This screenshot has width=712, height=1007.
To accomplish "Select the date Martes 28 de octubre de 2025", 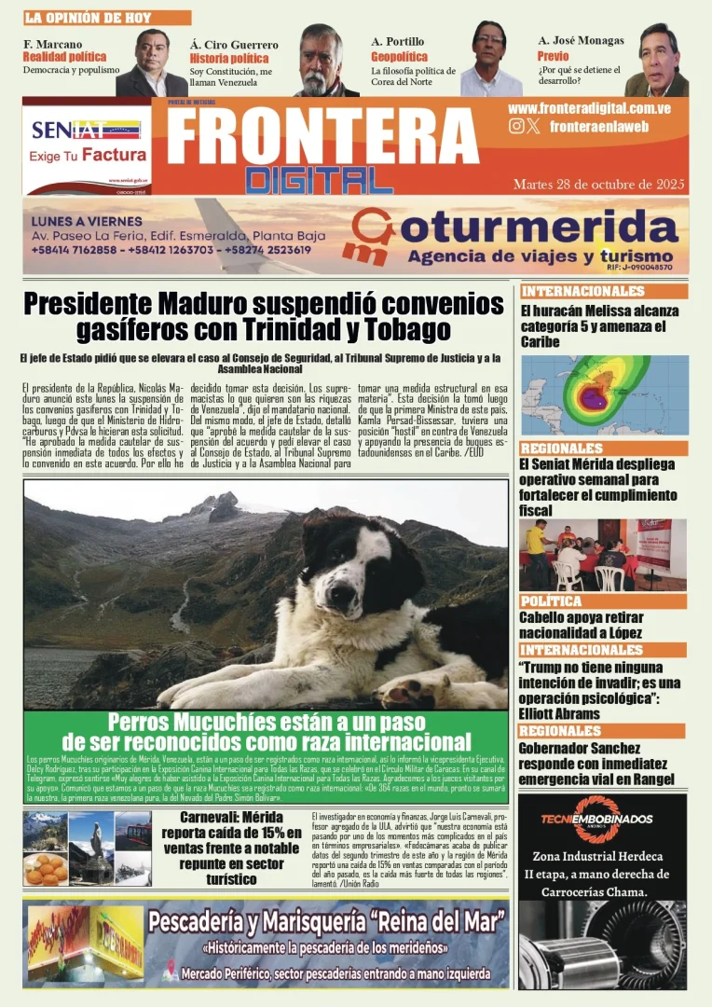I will coord(596,184).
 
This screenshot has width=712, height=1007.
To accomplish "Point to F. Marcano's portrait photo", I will coord(151,62).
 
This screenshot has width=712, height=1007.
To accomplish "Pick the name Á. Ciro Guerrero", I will coord(233,45).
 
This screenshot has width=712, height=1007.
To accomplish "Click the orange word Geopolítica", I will coord(399,57).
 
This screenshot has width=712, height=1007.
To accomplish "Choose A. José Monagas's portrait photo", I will coord(658,61).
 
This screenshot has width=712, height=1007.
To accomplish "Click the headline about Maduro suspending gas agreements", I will coord(263,316).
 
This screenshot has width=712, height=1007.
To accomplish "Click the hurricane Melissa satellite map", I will coord(604,395).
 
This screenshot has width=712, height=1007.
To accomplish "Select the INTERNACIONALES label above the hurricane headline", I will coord(583,292).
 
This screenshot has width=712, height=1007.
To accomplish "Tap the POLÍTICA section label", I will coord(552,601).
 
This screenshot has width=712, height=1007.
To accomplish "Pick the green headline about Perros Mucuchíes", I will coord(266,732).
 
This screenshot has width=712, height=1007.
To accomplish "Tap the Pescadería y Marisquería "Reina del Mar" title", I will coord(326,922).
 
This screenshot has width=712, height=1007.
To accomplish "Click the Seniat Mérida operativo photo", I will coord(602,555).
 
